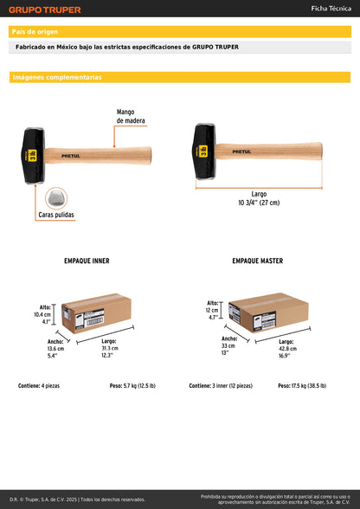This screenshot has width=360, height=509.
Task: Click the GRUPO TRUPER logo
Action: tap(45, 10)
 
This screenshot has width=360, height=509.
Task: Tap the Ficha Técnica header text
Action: tap(331, 9)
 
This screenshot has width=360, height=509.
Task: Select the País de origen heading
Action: tap(35, 32)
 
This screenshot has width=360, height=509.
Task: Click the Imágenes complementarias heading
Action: tap(57, 77)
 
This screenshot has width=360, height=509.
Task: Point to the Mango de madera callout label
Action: tap(131, 116)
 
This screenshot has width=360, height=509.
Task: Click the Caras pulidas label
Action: tap(56, 215)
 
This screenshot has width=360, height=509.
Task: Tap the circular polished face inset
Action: tap(56, 198)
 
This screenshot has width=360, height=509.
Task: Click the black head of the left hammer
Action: tap(33, 156)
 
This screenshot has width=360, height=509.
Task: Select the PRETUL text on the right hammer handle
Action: tap(241, 151)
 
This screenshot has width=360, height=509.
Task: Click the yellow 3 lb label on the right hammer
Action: tap(203, 151)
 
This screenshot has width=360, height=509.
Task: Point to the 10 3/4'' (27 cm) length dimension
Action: tap(259, 203)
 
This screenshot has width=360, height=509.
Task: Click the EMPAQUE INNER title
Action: tap(87, 261)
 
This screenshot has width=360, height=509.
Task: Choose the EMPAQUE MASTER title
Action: tap(257, 261)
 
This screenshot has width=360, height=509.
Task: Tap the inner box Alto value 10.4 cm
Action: tap(42, 314)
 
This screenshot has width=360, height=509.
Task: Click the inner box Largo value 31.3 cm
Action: tap(110, 348)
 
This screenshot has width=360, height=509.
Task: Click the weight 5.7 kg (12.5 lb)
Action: tap(139, 386)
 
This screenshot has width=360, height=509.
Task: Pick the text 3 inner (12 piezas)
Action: tap(233, 386)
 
